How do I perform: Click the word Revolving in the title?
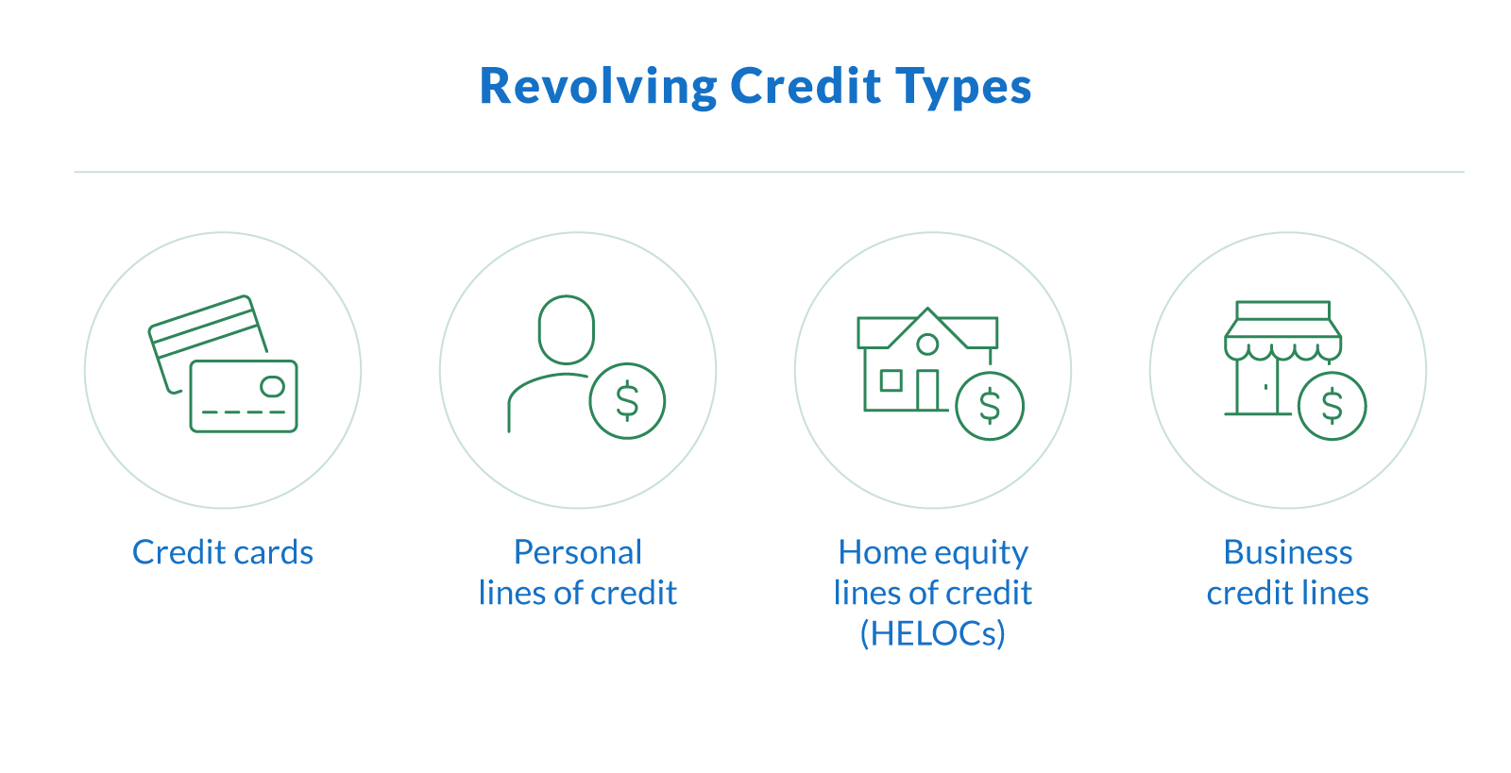[598, 87]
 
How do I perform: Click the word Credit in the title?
[806, 87]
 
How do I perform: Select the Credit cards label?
[223, 552]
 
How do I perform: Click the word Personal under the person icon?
[578, 552]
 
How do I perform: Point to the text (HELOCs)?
[932, 633]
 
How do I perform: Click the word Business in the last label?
[1287, 552]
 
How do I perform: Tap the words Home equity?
[932, 552]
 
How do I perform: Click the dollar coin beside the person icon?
[627, 401]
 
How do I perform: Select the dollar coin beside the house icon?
[989, 406]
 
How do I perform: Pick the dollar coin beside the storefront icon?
[1332, 406]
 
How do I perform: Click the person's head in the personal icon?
[566, 329]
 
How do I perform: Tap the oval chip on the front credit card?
[272, 386]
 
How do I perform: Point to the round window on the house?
[927, 344]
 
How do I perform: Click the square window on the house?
[891, 380]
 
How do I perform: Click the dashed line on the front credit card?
[244, 412]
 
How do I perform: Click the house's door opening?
[926, 390]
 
